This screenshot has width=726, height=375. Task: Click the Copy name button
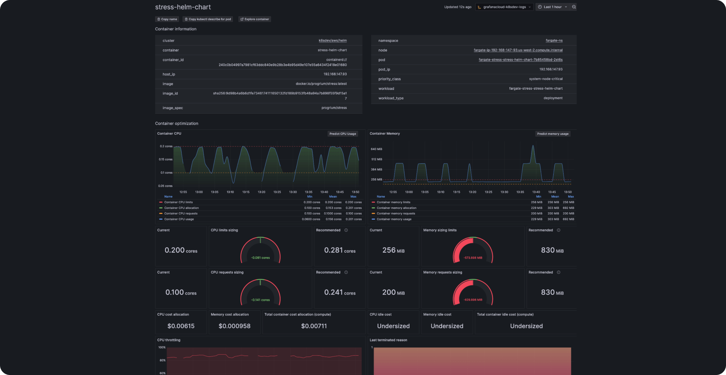(167, 19)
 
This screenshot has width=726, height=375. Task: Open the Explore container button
(255, 19)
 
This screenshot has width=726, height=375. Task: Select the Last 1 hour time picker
(553, 7)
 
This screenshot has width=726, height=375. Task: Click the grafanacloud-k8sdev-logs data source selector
(504, 7)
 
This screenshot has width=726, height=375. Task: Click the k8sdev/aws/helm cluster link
(333, 41)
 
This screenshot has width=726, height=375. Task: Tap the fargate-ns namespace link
(554, 41)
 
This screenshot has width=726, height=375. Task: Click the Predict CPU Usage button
(342, 134)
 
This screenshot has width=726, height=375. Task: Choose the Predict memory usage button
(553, 134)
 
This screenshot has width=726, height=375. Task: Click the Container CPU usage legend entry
(179, 219)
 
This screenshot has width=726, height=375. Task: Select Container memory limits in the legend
(393, 202)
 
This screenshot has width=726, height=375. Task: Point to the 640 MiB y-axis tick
(376, 149)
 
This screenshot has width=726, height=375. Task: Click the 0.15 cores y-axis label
(165, 160)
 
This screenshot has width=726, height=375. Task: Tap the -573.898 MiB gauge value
(473, 258)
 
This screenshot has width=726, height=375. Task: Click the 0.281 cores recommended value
(340, 250)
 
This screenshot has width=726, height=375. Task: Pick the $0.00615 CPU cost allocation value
(181, 326)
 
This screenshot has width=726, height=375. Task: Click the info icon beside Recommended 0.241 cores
(346, 272)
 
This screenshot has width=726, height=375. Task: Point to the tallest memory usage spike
(533, 146)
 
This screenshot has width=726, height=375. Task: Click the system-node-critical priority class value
(546, 79)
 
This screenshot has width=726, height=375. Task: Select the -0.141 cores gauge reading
(260, 300)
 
